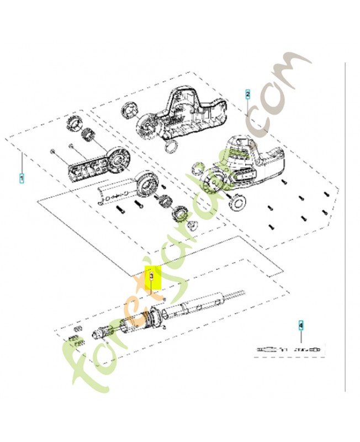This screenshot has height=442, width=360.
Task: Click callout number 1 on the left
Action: point(22,178)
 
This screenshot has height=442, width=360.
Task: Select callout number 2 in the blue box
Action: point(247,93)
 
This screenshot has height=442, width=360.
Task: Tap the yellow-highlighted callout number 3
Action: point(152,275)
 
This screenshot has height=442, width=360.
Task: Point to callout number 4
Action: point(301,325)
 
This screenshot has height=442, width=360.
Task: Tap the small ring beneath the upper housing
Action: point(172,146)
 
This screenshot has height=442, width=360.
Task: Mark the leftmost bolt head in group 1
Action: point(52,151)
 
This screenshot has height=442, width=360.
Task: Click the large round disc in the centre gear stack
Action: point(146,184)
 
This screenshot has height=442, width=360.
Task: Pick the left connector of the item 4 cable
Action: point(268,350)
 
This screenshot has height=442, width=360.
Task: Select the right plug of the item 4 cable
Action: point(315,350)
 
